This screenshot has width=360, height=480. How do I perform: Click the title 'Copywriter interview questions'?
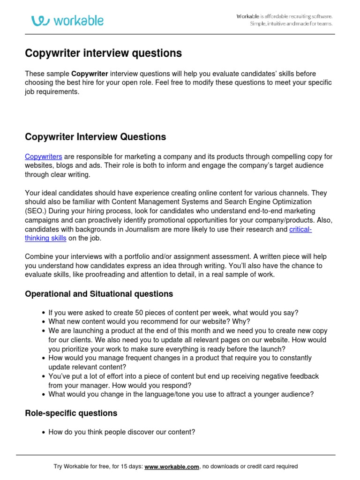[x=103, y=53]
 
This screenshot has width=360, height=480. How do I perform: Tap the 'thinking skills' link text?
[x=45, y=238]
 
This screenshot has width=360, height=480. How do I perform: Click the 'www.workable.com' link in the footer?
[x=172, y=466]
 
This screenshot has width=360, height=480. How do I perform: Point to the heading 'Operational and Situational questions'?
[x=99, y=294]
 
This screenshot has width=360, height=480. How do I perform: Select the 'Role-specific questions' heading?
[x=71, y=413]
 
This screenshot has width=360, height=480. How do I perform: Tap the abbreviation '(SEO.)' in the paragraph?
[x=36, y=211]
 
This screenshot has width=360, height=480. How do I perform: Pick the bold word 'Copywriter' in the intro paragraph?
[x=90, y=74]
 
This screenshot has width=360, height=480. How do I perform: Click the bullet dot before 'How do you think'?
[x=44, y=432]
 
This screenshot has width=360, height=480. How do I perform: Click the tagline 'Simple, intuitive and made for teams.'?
[x=291, y=24]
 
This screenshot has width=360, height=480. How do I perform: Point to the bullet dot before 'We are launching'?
[x=44, y=331]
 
